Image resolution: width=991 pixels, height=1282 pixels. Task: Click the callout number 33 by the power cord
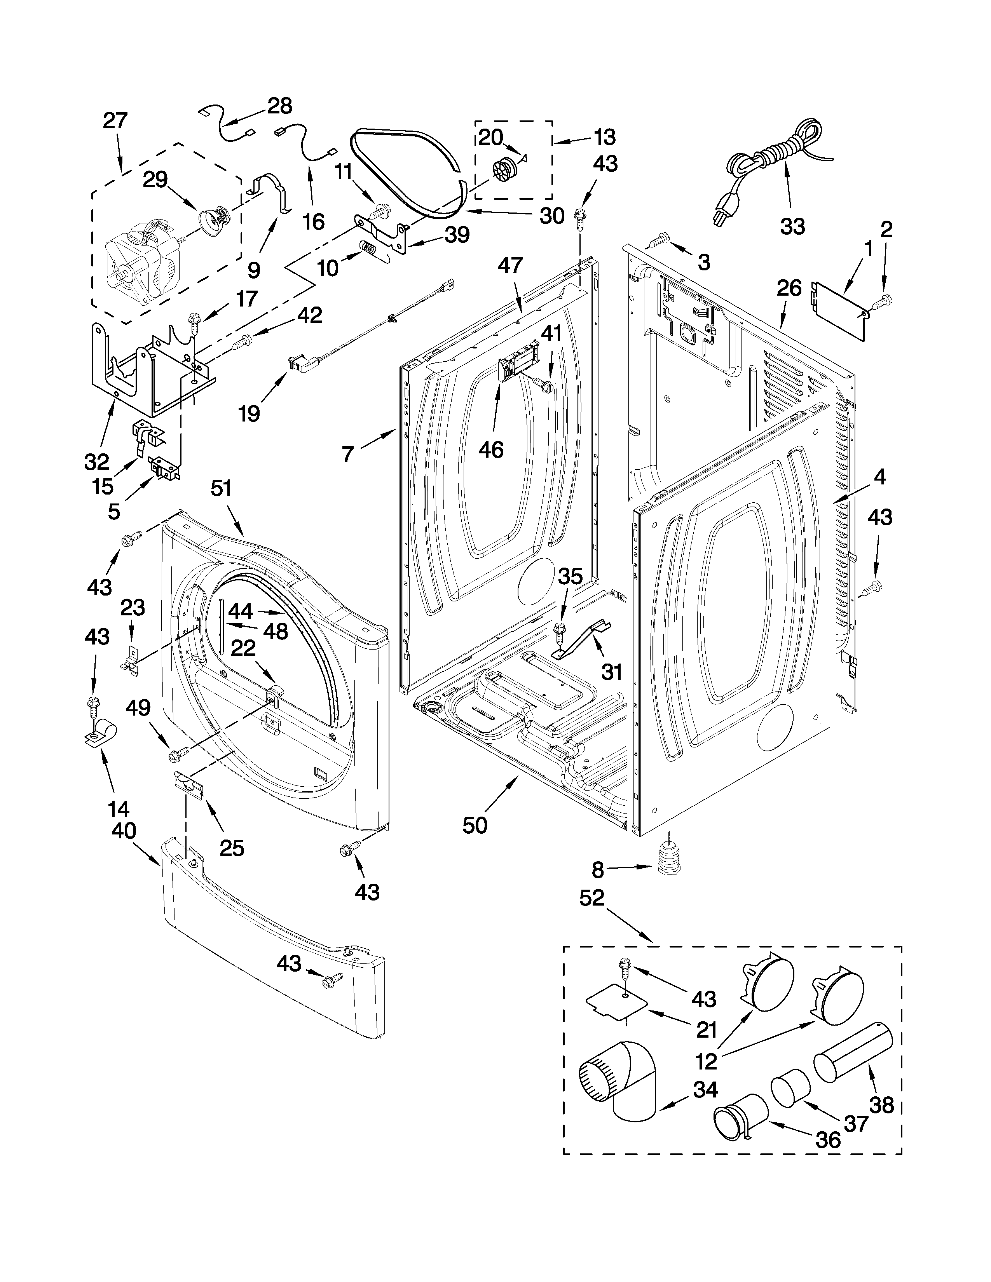click(x=792, y=226)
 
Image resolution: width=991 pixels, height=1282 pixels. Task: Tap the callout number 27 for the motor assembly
click(x=115, y=120)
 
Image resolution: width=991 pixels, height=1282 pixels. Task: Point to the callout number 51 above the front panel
click(x=222, y=488)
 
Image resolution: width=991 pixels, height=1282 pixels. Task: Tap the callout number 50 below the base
click(x=475, y=825)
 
